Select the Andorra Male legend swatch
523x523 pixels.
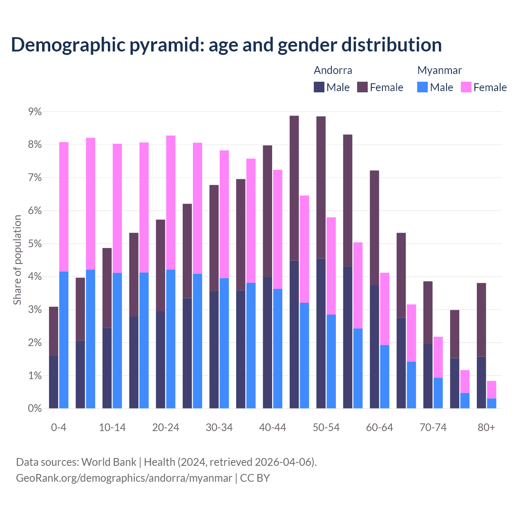click(319, 87)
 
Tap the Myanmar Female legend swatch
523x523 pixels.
click(466, 87)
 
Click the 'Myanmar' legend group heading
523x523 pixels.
click(439, 70)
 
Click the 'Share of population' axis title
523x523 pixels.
click(17, 260)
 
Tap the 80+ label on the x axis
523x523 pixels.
click(486, 427)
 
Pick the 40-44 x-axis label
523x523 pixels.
click(273, 427)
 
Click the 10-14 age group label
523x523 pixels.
click(112, 427)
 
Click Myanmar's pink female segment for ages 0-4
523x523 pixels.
click(64, 207)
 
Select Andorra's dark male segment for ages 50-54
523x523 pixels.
click(321, 333)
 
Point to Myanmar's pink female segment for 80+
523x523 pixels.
click(492, 389)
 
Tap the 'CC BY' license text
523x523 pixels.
click(255, 478)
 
